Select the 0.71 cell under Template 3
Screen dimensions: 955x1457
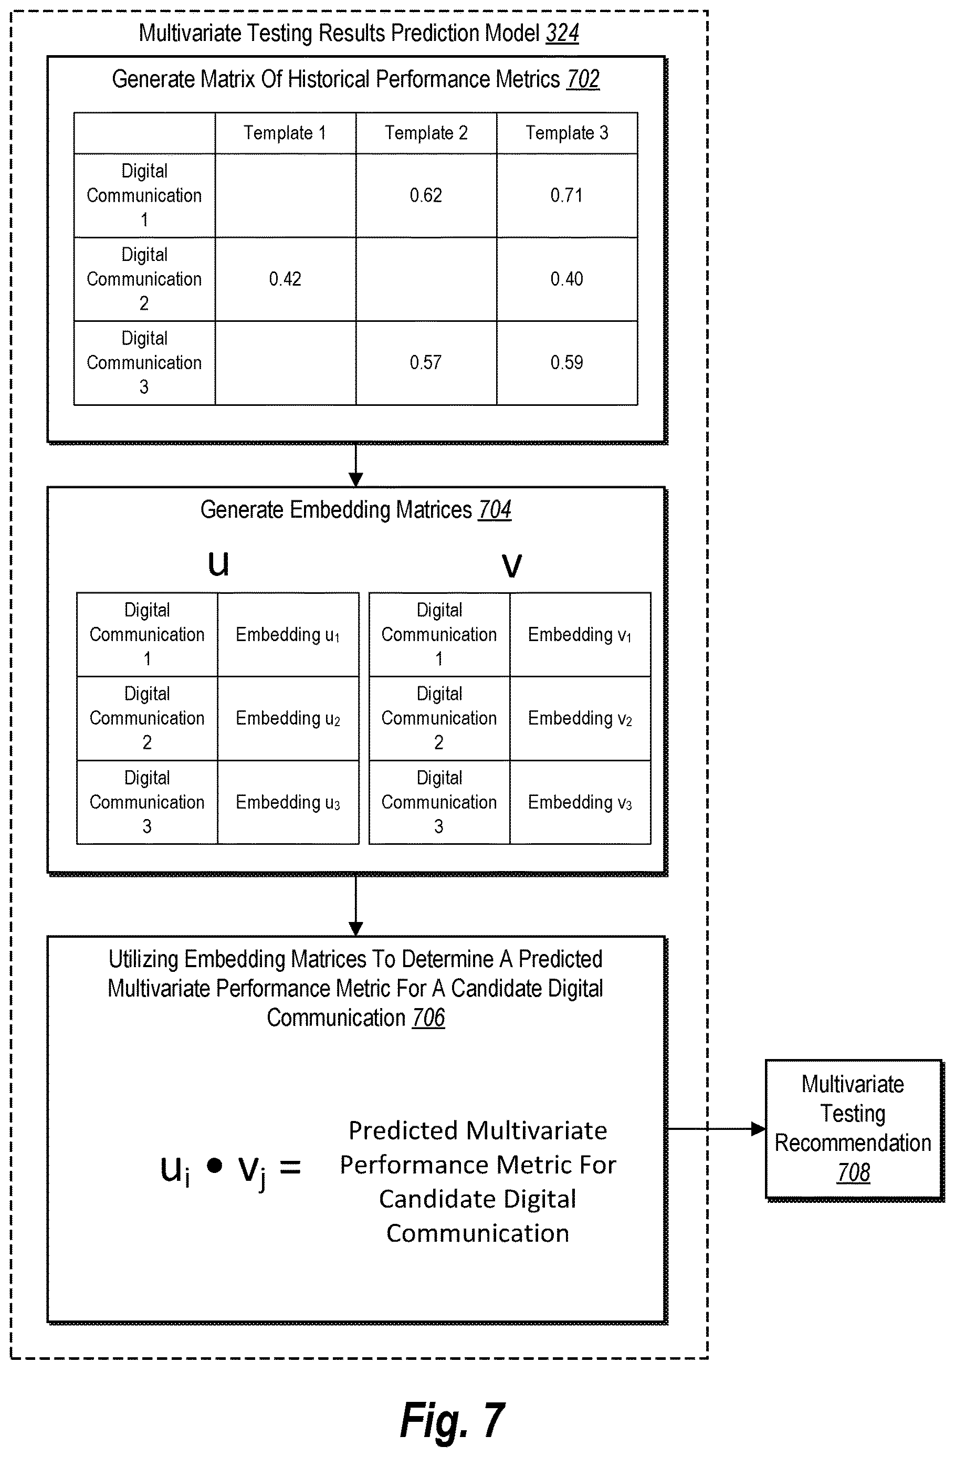tap(566, 195)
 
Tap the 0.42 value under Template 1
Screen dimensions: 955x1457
tap(285, 279)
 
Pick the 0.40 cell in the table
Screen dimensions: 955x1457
tap(566, 279)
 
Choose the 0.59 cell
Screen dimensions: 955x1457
tap(566, 362)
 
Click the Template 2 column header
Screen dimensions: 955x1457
tap(426, 133)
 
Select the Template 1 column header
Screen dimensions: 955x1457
tap(285, 133)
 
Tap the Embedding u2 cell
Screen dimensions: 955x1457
tap(288, 718)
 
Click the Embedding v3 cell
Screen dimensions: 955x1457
tap(580, 802)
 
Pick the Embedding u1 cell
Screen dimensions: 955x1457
tap(288, 634)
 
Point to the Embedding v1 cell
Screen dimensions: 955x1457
tap(580, 634)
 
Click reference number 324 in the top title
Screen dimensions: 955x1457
tap(562, 33)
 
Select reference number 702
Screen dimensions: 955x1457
tap(583, 79)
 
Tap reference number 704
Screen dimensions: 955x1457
tap(495, 509)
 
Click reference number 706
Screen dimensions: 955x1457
tap(428, 1018)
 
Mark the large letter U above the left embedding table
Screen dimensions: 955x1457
tap(218, 564)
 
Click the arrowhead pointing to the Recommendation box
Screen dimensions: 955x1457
tap(759, 1128)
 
